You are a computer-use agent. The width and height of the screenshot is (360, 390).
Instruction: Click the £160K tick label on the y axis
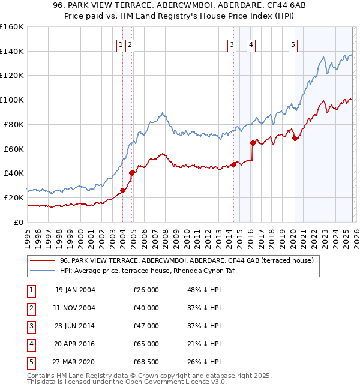pyautogui.click(x=12, y=27)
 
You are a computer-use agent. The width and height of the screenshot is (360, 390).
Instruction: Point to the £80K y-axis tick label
pyautogui.click(x=14, y=124)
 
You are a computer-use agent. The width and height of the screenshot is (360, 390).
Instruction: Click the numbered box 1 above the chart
pyautogui.click(x=121, y=44)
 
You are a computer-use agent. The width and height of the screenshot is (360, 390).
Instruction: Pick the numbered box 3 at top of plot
pyautogui.click(x=232, y=44)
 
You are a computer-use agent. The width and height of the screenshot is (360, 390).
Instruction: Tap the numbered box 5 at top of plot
pyautogui.click(x=293, y=44)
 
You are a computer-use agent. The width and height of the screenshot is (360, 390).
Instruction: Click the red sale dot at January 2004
pyautogui.click(x=122, y=191)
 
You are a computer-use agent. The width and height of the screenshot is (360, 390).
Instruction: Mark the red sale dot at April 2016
pyautogui.click(x=253, y=143)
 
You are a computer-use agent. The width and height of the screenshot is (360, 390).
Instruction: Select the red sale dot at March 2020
pyautogui.click(x=295, y=139)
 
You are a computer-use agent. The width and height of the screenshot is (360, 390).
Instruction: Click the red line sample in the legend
pyautogui.click(x=42, y=261)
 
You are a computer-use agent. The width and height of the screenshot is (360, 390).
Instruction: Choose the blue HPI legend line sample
pyautogui.click(x=42, y=271)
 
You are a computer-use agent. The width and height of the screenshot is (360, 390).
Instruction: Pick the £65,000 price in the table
pyautogui.click(x=146, y=344)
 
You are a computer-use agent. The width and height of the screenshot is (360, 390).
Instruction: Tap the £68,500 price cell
pyautogui.click(x=146, y=362)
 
